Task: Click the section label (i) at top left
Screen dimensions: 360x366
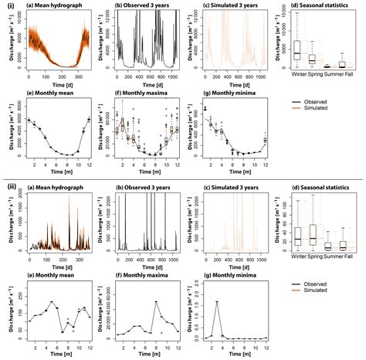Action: (7, 7)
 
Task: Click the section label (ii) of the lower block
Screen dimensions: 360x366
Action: (8, 188)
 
